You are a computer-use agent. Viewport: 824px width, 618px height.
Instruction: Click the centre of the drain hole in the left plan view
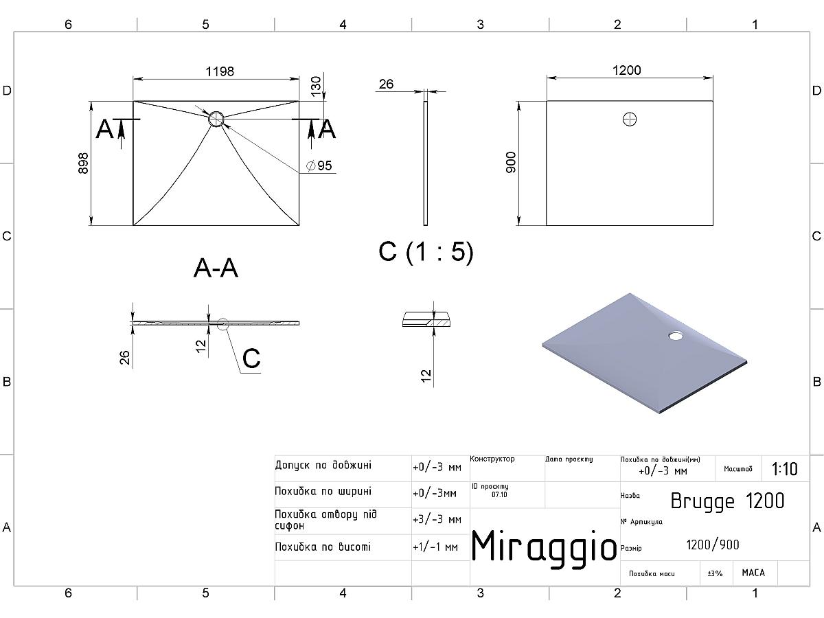pos(216,119)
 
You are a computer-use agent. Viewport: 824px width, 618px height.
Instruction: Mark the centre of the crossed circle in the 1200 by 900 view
pos(630,119)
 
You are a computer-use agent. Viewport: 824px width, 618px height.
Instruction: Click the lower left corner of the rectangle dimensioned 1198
pos(133,225)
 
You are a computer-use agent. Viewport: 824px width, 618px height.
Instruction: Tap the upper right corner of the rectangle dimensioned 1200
pos(713,101)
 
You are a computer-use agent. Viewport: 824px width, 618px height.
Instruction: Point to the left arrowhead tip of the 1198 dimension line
pos(134,79)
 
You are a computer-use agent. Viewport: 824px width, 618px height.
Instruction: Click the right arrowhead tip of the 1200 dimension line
pos(713,78)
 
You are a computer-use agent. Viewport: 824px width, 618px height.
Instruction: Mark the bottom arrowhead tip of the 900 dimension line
pos(519,225)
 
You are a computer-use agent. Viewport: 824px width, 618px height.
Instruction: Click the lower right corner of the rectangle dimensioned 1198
pos(299,225)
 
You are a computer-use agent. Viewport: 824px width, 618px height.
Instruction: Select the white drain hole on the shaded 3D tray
pos(676,335)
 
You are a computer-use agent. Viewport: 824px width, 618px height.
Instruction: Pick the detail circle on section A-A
pos(222,324)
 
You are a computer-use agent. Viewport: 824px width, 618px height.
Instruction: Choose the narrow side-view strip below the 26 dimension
pos(425,163)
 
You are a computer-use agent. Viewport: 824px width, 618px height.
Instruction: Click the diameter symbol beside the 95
pos(311,165)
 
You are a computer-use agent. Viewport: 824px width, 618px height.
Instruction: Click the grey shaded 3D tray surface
pos(644,354)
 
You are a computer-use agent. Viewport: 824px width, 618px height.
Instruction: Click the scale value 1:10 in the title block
pos(784,469)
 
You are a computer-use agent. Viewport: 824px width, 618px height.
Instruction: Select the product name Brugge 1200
pos(727,501)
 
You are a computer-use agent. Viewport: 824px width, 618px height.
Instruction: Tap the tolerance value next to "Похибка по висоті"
pos(435,547)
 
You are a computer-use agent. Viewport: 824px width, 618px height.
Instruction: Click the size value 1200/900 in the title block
pos(713,545)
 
